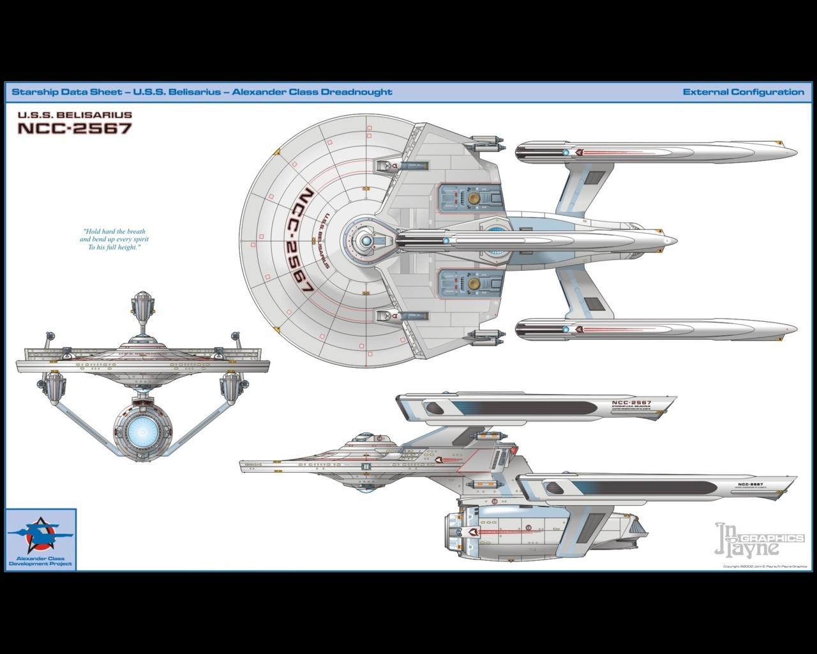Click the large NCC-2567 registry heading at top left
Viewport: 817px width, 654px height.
point(75,128)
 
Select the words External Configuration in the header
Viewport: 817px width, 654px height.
point(743,92)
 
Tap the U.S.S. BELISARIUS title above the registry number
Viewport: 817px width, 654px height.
point(75,115)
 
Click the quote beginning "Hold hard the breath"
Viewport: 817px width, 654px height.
point(114,240)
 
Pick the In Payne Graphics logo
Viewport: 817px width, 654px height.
point(759,540)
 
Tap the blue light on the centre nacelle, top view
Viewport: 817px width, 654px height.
point(446,241)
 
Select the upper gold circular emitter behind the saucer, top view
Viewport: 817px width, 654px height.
point(474,198)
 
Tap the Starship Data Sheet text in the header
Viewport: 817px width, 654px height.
point(67,92)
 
